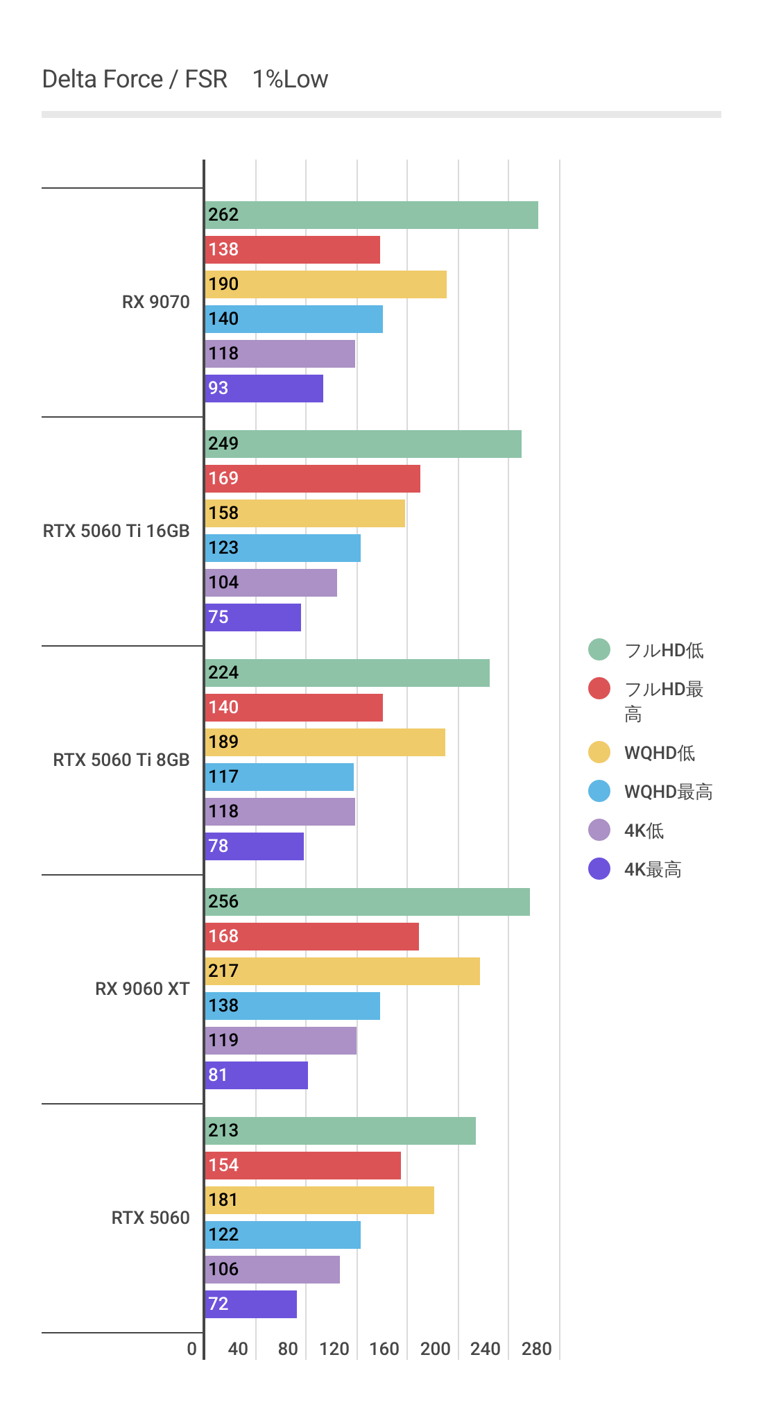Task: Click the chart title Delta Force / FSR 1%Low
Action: pos(185,79)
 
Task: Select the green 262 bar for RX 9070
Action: pos(371,215)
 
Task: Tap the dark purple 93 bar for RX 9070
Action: pos(264,389)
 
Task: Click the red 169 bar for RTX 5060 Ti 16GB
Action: pos(312,479)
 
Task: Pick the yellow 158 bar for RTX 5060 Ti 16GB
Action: pos(305,513)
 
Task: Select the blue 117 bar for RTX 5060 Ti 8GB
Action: pos(280,777)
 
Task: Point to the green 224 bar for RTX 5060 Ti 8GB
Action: pos(347,673)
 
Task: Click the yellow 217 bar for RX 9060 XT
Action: pos(343,971)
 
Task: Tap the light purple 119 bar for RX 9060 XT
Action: pos(281,1041)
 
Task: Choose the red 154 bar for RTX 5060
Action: pos(303,1166)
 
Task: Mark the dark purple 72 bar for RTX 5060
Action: pos(251,1304)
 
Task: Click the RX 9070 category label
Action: pos(155,302)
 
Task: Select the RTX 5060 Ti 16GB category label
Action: pos(116,531)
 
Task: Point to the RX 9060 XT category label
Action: pos(142,989)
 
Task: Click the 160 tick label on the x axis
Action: pos(384,1349)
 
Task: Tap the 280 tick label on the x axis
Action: pos(536,1349)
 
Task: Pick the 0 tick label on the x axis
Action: pos(192,1349)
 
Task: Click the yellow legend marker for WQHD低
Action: pos(599,752)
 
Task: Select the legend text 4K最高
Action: pos(653,869)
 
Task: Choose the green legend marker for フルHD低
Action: pos(599,649)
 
